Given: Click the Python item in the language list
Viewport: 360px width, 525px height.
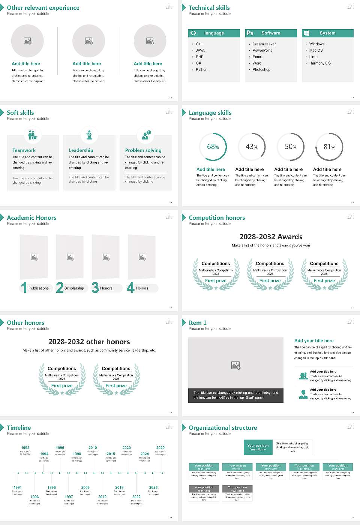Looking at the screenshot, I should pos(201,70).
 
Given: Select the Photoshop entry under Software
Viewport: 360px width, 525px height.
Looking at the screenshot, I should pos(261,70).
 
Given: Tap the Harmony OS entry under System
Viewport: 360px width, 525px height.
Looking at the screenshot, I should pos(320,63).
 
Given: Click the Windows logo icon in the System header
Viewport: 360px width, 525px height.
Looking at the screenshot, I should pos(306,33).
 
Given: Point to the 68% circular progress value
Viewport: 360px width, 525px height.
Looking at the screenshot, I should pos(213,147).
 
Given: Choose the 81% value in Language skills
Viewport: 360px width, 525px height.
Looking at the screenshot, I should pos(329,147).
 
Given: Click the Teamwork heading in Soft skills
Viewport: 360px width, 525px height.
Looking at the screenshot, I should pos(24,150).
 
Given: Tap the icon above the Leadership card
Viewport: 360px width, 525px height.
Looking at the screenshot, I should pos(89,135).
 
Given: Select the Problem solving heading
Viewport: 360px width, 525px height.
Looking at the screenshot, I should pos(143,150).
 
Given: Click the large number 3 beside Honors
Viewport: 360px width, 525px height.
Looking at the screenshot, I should pos(95,288).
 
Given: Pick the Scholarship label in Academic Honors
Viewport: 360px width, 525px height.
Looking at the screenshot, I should pos(74,288).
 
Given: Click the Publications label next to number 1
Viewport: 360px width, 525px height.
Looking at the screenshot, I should pos(39,288).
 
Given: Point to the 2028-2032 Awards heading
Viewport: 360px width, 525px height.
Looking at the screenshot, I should pos(271,237).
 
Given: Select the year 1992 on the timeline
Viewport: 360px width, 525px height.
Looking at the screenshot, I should pos(25,448).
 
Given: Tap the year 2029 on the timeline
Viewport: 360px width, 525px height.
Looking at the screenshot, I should pos(160,448).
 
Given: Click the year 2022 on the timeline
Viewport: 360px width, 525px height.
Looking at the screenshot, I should pos(136,497).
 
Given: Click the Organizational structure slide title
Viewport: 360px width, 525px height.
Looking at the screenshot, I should pos(223,428).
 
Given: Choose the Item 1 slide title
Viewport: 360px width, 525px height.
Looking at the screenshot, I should pos(197,323).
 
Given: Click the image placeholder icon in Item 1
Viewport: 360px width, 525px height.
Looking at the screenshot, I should pos(236,365).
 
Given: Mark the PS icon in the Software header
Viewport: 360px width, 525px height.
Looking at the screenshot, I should pos(250,33).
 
